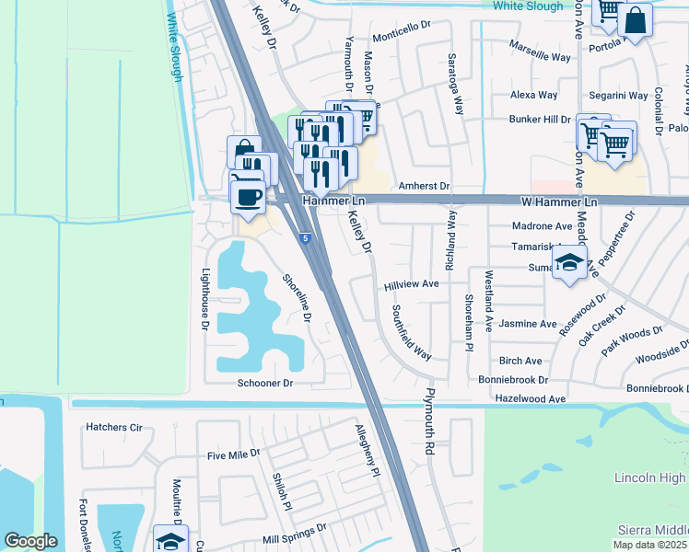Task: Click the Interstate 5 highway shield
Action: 304,239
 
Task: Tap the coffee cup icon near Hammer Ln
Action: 247,195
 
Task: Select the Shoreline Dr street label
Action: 298,299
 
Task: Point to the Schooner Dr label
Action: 264,383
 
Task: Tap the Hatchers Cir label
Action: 114,427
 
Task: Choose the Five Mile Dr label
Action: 234,454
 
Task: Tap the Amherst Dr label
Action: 424,186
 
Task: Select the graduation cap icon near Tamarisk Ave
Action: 569,264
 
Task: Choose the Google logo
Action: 30,541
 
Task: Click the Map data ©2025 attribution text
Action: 650,545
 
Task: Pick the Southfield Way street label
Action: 412,331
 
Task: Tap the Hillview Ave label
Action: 411,284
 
